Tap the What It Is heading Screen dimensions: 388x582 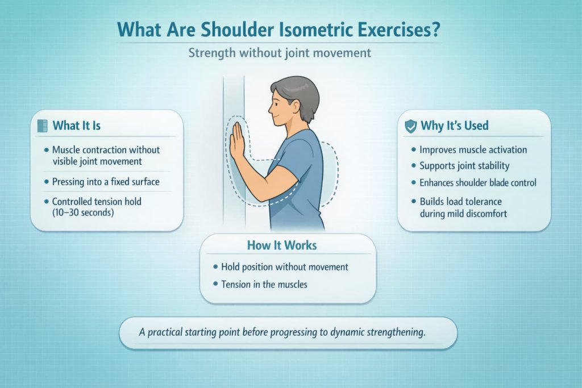click(76, 126)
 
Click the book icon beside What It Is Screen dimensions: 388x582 click(41, 126)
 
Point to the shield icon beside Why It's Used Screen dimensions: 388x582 click(410, 126)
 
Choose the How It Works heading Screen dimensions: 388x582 click(282, 245)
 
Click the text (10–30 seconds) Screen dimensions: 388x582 click(82, 212)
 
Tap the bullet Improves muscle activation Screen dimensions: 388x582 click(473, 150)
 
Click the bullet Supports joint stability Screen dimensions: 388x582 click(464, 166)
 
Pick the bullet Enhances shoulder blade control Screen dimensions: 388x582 click(477, 182)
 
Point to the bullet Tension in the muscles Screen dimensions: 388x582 click(264, 283)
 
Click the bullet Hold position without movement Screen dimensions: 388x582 click(284, 266)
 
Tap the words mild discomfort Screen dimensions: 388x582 click(473, 214)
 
